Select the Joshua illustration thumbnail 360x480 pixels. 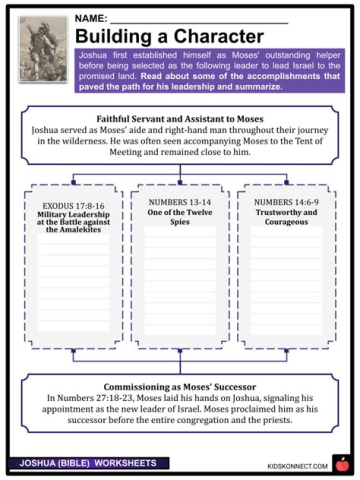point(43,48)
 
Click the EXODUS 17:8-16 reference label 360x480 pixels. point(73,205)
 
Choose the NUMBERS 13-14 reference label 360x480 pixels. point(180,202)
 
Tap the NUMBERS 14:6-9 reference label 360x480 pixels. point(286,202)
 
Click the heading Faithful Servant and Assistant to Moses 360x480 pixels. point(179,119)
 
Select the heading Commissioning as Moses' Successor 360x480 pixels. point(179,387)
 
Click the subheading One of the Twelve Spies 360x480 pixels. point(180,216)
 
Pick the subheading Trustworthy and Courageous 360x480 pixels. point(286,216)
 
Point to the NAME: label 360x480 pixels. point(90,19)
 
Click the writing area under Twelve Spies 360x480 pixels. point(180,280)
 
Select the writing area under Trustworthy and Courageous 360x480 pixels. point(286,280)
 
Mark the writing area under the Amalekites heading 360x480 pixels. point(73,282)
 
